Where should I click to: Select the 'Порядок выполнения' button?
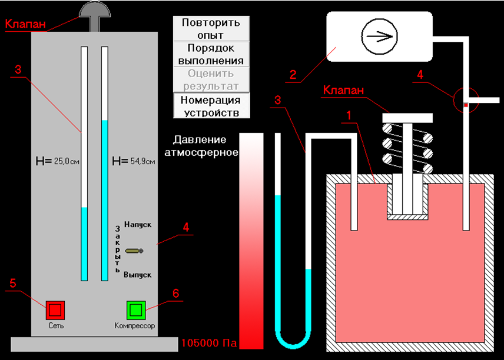211,54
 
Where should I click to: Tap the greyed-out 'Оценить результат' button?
211,80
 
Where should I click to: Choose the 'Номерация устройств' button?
211,106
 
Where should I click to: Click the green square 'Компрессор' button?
135,309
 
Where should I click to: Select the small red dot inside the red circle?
465,104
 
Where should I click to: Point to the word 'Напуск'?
138,225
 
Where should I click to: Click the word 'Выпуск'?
138,275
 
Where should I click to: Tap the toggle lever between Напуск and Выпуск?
134,251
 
